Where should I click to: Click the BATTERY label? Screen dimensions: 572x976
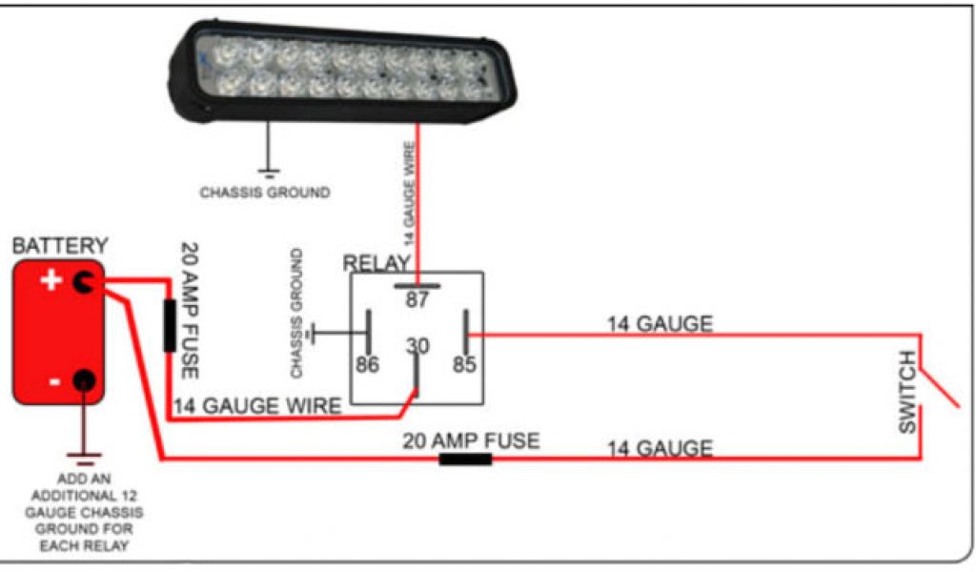(x=59, y=246)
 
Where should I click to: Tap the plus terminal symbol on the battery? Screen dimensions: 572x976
(x=51, y=280)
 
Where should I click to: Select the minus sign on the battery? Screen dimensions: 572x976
(x=53, y=381)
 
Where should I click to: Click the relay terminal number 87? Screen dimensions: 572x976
(x=417, y=300)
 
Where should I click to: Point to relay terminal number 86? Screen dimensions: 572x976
(x=368, y=364)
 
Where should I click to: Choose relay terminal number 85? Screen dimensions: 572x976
(x=464, y=364)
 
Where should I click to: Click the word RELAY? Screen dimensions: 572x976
(x=376, y=263)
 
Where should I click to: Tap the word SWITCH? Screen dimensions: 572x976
(x=907, y=393)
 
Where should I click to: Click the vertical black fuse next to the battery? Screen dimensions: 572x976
(x=169, y=325)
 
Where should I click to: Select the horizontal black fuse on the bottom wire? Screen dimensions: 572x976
(x=465, y=459)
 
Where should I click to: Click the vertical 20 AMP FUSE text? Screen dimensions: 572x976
(x=190, y=310)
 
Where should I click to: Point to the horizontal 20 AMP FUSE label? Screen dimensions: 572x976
(x=470, y=440)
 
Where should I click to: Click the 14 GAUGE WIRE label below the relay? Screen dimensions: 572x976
(x=257, y=406)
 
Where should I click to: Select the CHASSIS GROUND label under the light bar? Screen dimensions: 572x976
(x=265, y=193)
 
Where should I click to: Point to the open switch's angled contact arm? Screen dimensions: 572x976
(x=941, y=389)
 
